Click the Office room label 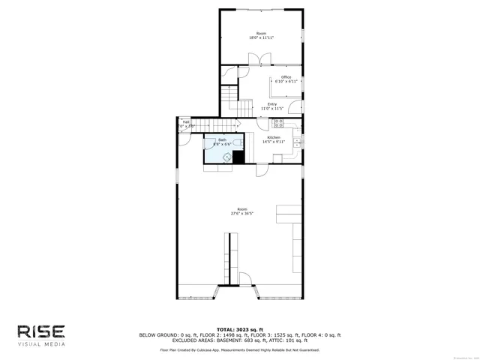[x=286, y=77]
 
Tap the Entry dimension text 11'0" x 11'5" [x=271, y=109]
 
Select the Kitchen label [x=274, y=138]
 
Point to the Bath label [x=222, y=139]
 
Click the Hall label [x=186, y=122]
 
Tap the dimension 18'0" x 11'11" [x=261, y=37]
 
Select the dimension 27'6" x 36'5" [x=241, y=213]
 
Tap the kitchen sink [x=297, y=141]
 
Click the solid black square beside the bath [x=238, y=157]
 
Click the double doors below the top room [x=256, y=58]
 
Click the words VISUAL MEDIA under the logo [x=42, y=344]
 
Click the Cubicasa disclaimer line [x=240, y=349]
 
